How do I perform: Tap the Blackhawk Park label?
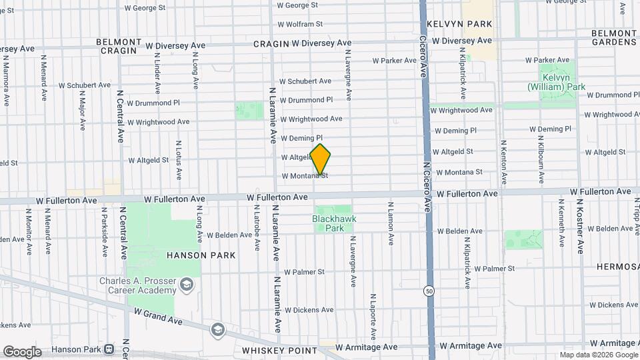point(334,223)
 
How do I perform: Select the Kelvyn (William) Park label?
point(556,82)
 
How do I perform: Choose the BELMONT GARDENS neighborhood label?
point(613,37)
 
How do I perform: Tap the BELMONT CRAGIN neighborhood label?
point(119,45)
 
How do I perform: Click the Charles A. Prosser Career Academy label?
point(137,285)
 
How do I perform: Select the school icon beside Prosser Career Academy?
point(187,285)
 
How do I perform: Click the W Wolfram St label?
point(299,24)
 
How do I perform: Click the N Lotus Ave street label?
point(179,159)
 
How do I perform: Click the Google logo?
point(21,352)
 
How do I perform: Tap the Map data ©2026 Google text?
point(598,355)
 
